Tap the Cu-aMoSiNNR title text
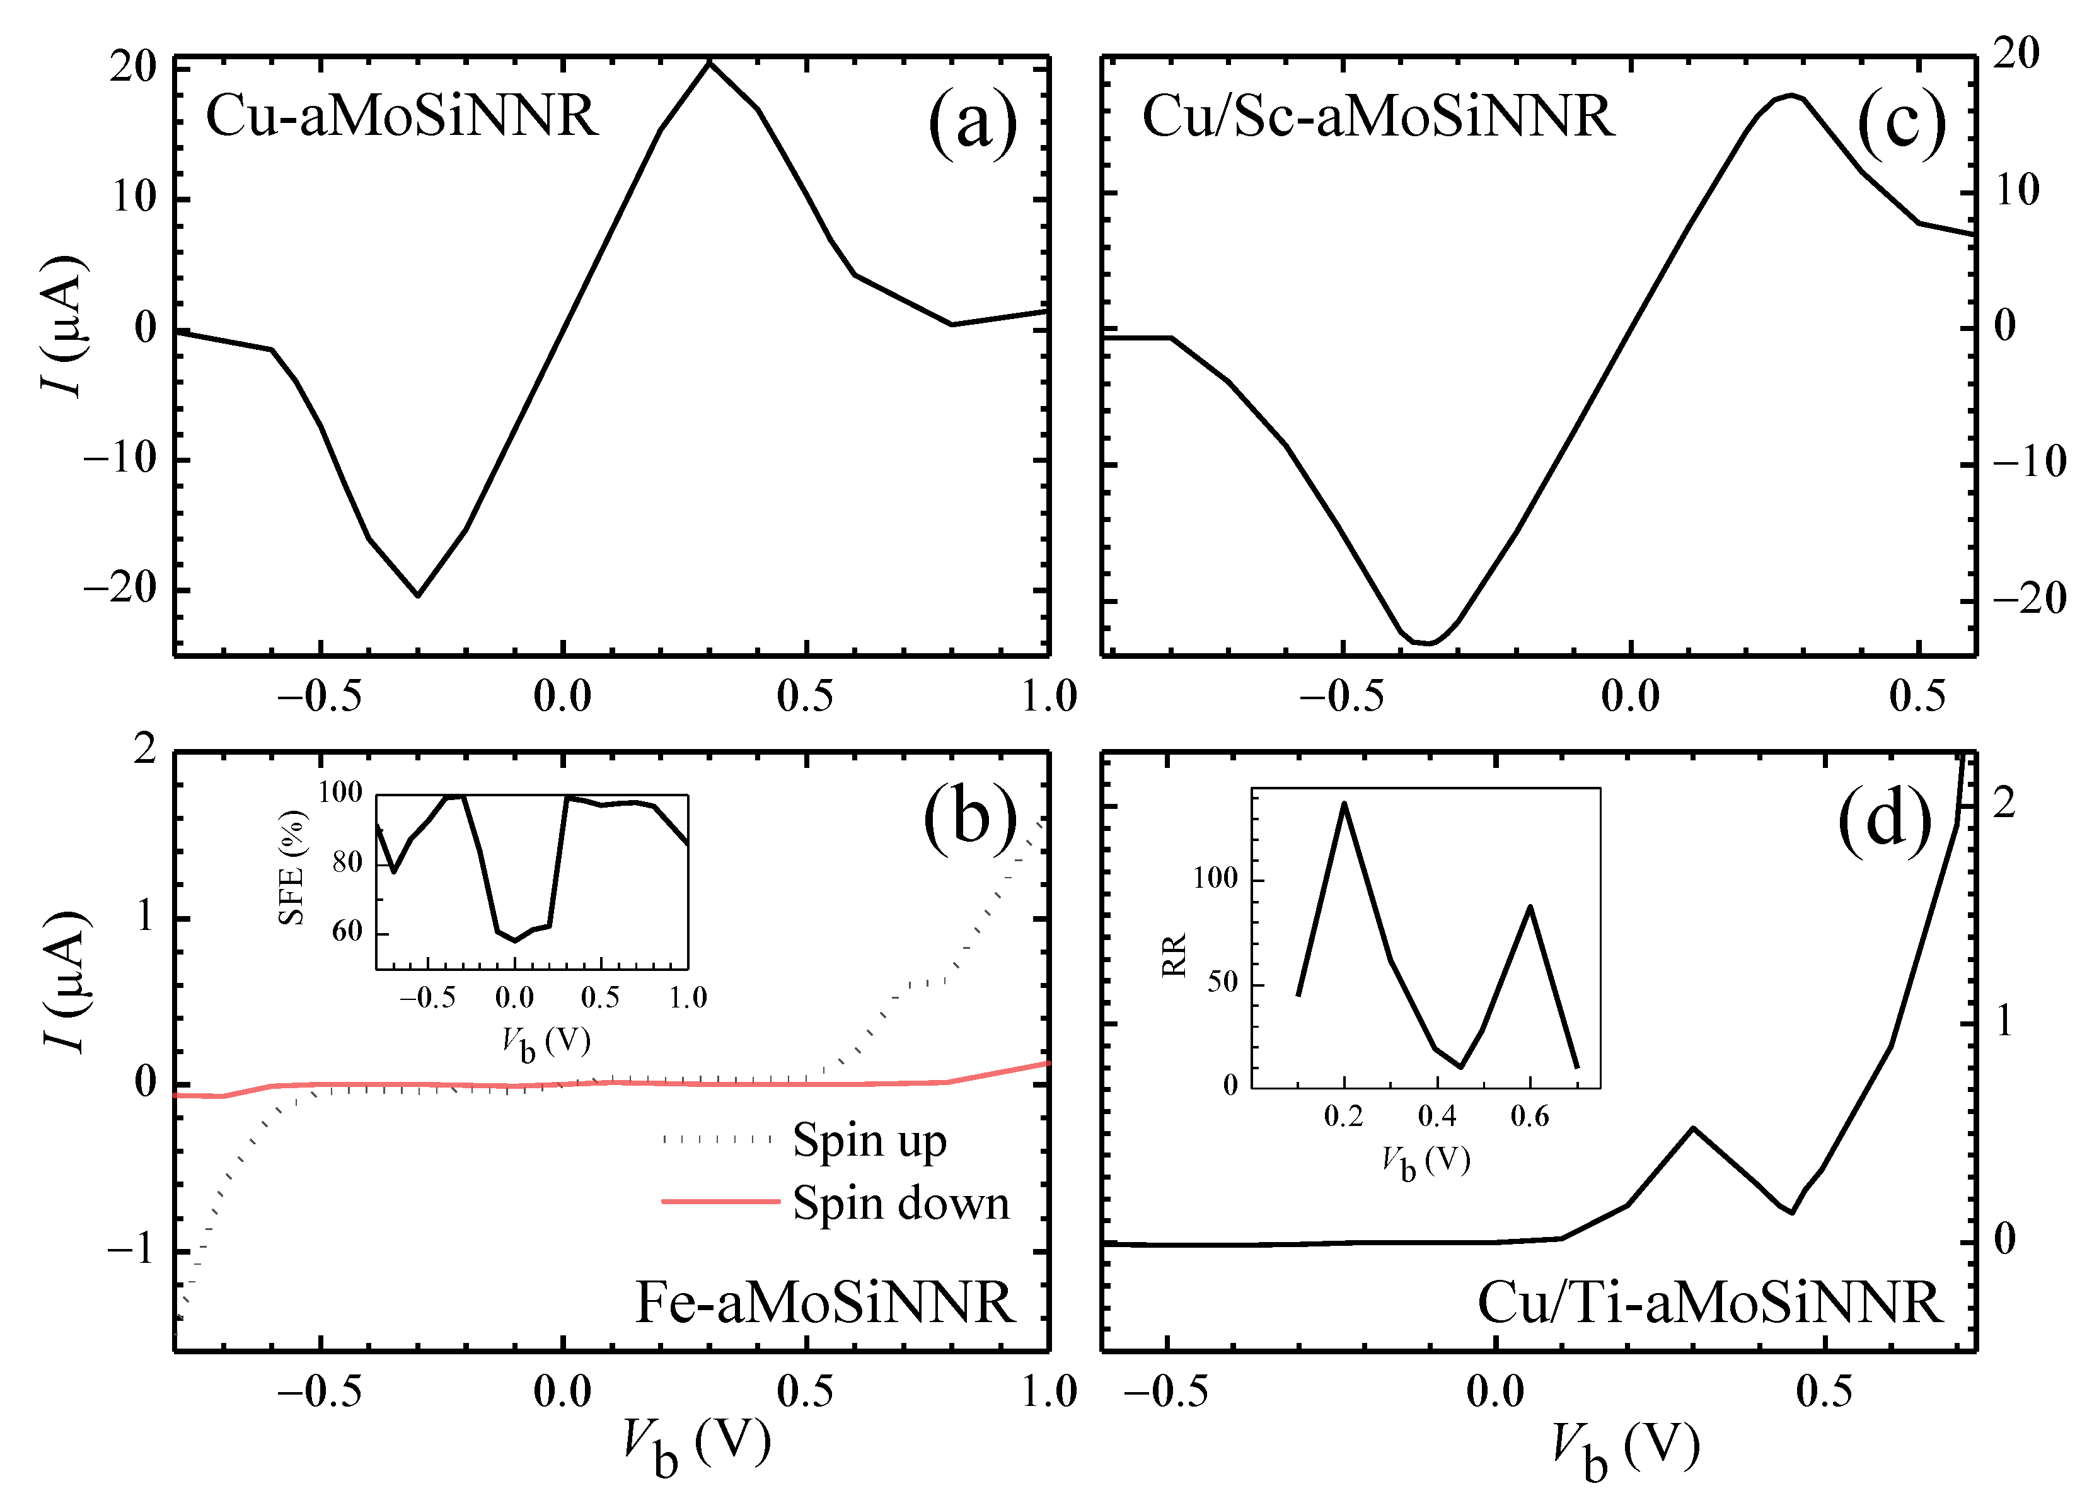pyautogui.click(x=402, y=117)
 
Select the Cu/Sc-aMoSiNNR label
pyautogui.click(x=1377, y=117)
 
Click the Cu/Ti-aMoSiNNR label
pyautogui.click(x=1709, y=1303)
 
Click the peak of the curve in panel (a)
pyautogui.click(x=708, y=62)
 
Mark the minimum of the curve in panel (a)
pyautogui.click(x=418, y=595)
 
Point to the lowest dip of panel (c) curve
pyautogui.click(x=1428, y=642)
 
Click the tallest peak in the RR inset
pyautogui.click(x=1344, y=803)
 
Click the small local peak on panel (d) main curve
pyautogui.click(x=1693, y=1128)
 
